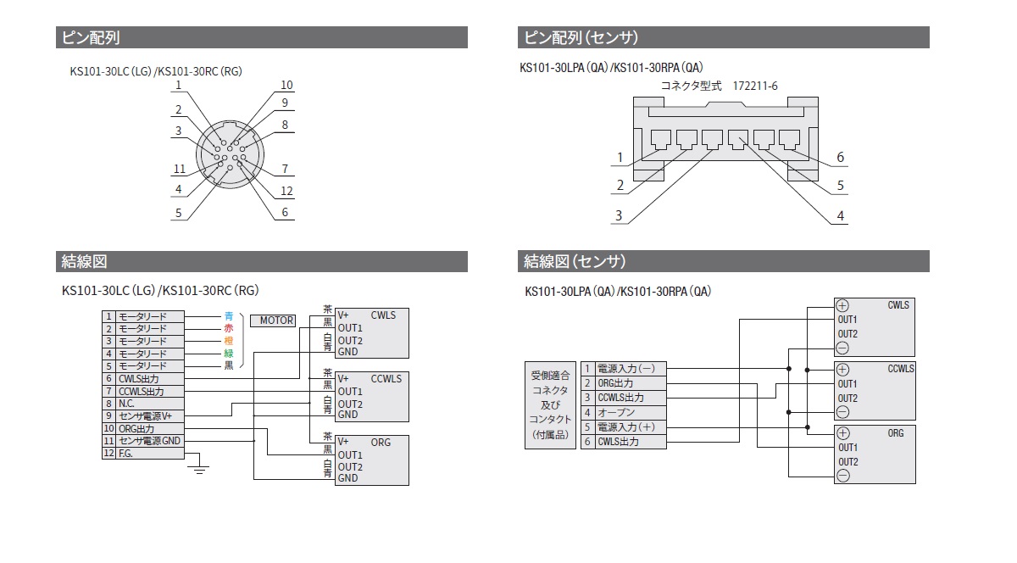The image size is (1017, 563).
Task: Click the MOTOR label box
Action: click(272, 321)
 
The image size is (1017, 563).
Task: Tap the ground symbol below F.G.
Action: click(199, 470)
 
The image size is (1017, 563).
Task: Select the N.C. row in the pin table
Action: click(143, 404)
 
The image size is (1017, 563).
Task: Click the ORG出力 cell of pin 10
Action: click(150, 428)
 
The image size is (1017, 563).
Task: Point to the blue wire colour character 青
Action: click(229, 316)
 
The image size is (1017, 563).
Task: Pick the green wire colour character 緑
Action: click(229, 354)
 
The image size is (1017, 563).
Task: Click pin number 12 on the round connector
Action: click(286, 191)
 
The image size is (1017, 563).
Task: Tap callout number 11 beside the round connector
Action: click(180, 169)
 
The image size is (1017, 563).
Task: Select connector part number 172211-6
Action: click(754, 86)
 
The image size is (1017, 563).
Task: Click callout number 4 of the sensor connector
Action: click(841, 216)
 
